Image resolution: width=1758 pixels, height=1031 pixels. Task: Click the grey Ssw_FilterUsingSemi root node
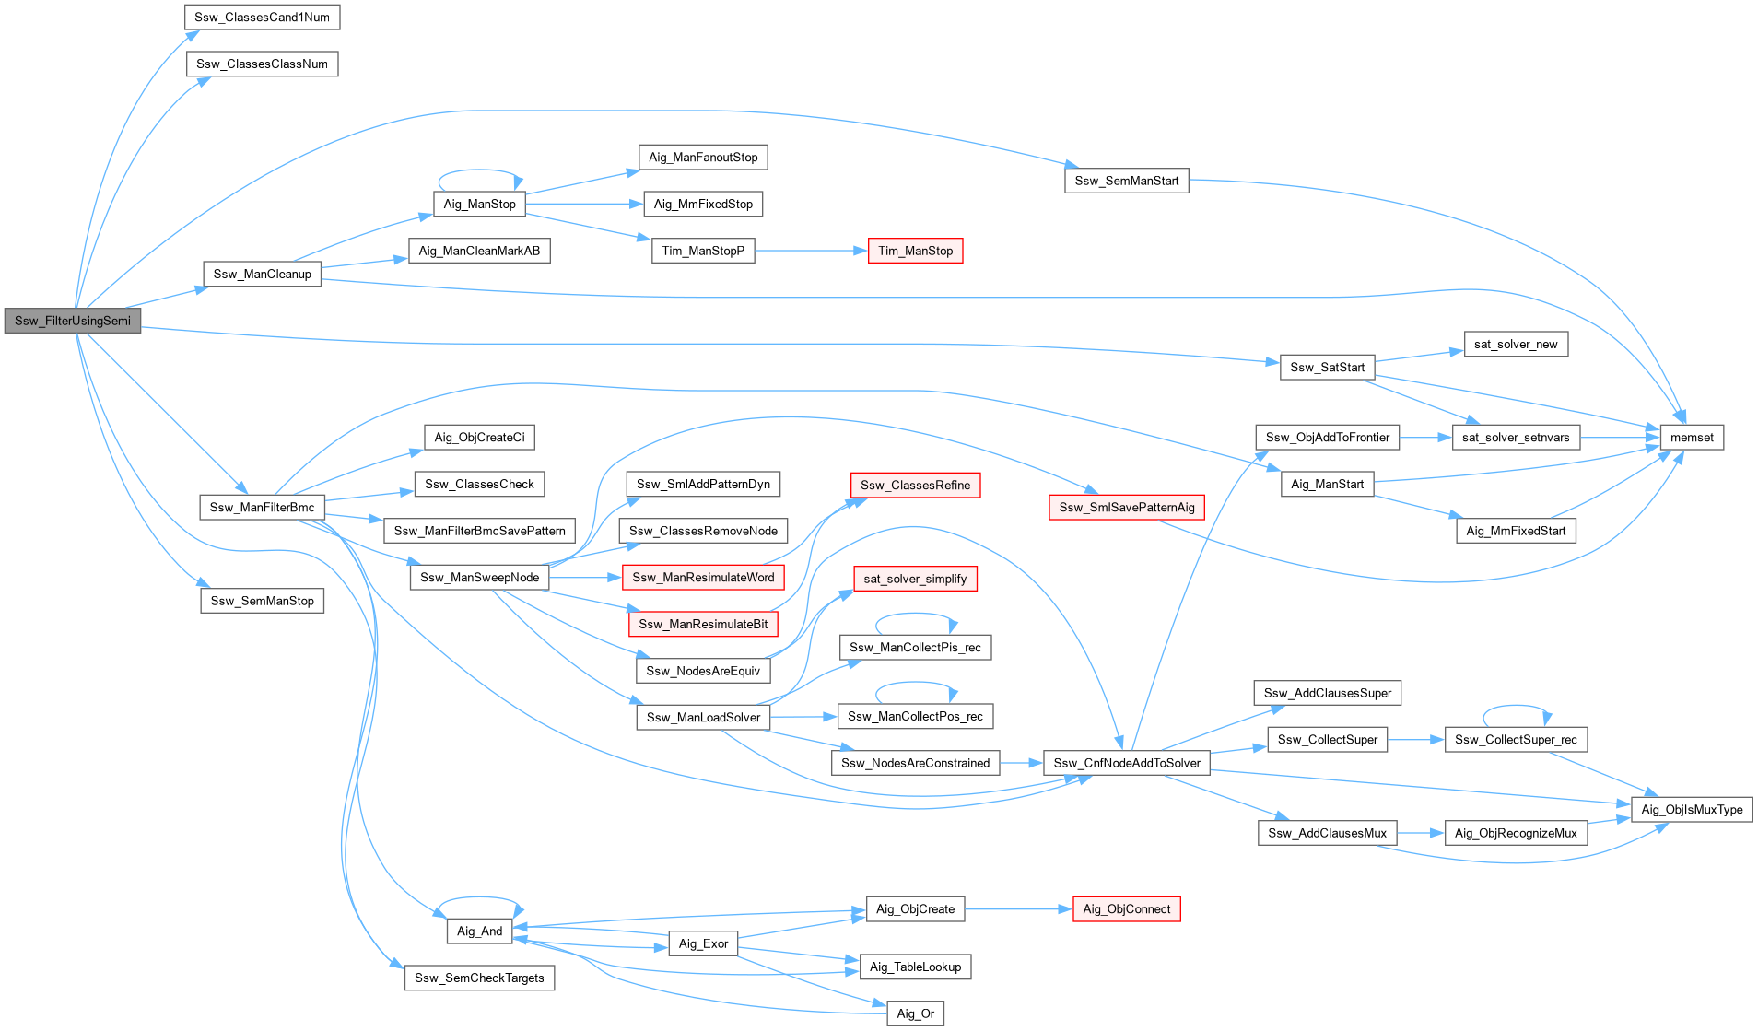(73, 321)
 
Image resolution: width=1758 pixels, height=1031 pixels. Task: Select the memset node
(1692, 438)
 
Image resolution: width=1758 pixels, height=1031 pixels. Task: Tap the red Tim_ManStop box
(915, 251)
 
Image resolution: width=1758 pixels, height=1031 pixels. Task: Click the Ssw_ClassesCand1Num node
(262, 18)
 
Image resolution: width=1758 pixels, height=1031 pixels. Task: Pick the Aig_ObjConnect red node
(1126, 909)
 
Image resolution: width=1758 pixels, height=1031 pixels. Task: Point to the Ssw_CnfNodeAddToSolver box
(1126, 763)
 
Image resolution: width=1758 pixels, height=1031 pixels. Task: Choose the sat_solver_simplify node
(915, 579)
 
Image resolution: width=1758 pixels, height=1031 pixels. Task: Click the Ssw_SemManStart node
(1126, 181)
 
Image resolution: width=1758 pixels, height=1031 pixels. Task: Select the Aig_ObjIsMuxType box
(1692, 810)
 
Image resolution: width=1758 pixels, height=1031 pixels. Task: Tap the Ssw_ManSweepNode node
(479, 578)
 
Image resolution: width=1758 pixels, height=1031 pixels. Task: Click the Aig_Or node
(915, 1013)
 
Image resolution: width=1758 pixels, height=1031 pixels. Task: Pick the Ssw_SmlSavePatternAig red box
(1126, 508)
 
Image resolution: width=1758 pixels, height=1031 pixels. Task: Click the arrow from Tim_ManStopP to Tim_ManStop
(811, 251)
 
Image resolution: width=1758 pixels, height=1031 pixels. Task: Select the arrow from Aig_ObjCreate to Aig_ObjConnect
(1018, 909)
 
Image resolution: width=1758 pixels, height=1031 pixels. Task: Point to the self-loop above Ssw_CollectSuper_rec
(1516, 707)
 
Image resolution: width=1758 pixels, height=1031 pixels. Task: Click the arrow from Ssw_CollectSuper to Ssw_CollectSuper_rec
(1415, 739)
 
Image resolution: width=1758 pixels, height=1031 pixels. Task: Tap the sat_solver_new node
(1516, 345)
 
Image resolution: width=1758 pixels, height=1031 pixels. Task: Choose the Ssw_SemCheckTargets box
(479, 978)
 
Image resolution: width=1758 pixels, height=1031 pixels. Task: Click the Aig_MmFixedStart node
(1516, 531)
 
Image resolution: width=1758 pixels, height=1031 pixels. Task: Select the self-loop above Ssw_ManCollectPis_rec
(915, 615)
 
